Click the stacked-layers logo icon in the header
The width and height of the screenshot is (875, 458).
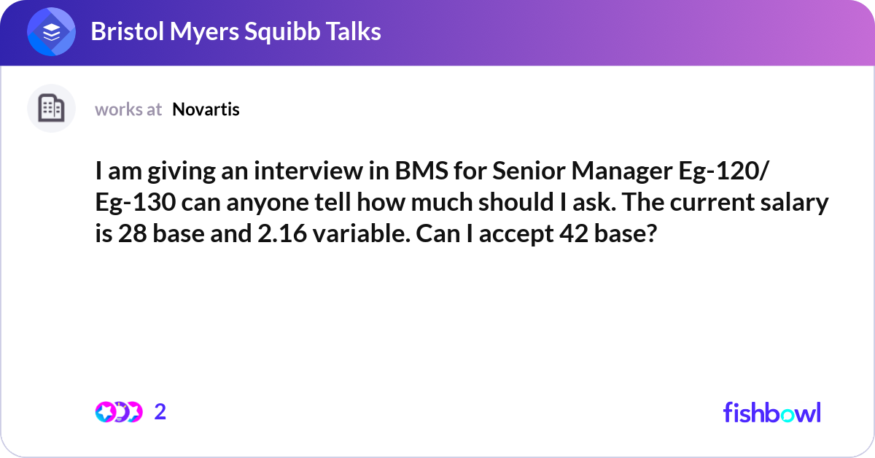[x=52, y=32]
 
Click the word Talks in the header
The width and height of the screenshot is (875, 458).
[x=352, y=31]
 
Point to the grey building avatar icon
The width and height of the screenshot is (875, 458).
[x=51, y=109]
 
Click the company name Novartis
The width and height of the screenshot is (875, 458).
[x=206, y=109]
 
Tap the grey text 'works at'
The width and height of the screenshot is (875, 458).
[x=128, y=109]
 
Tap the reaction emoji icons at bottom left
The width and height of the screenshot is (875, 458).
[x=118, y=412]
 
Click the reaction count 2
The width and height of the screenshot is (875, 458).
[x=160, y=412]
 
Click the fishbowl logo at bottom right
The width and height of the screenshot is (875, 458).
[x=771, y=412]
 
